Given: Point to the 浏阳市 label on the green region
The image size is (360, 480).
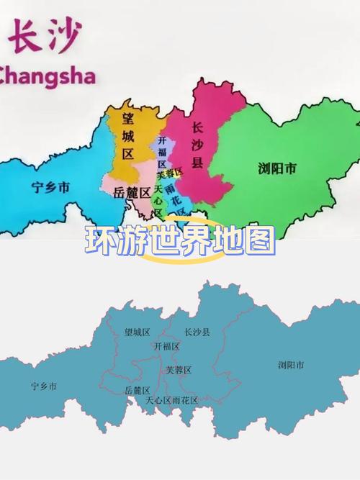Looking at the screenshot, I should point(276,169).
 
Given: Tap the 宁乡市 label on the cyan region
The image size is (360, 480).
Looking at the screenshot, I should point(50,188).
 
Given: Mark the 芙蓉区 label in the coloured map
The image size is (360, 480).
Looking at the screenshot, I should point(170,173).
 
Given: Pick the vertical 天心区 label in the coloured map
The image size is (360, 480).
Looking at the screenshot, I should point(158,200).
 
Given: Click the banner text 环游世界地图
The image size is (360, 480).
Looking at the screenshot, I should point(180,241).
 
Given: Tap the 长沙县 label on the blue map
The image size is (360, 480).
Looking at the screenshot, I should point(197,332).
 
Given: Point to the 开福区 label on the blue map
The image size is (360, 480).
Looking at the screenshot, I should point(166,346).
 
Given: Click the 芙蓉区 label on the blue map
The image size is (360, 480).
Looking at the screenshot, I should point(179,370).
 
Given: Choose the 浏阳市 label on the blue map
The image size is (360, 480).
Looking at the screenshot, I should point(291,365).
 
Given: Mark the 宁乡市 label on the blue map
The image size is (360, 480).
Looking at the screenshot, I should point(43,386).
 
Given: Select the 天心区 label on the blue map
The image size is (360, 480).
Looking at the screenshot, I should point(158,400).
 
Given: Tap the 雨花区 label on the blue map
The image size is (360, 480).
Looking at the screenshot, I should point(184,400).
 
